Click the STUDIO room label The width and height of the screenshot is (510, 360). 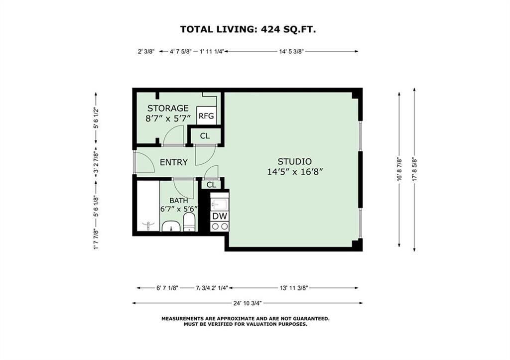tap(294, 161)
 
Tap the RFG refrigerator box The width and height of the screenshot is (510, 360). tap(206, 116)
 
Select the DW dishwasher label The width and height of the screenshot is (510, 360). tap(220, 216)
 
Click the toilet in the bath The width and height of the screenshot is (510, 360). tap(189, 222)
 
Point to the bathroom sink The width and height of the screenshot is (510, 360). tap(171, 226)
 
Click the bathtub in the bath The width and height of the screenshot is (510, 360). tap(148, 206)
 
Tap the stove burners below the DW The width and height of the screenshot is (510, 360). tap(220, 227)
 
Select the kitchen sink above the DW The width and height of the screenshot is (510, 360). tap(220, 204)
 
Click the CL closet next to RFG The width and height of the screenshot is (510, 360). tap(205, 136)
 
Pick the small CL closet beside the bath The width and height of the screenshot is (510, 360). tap(211, 185)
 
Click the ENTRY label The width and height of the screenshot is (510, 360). tap(174, 162)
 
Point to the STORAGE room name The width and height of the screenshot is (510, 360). tap(168, 108)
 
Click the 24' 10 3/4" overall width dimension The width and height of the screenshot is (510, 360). tap(248, 303)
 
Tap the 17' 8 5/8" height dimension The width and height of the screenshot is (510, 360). tap(414, 169)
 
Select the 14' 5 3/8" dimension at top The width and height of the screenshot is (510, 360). tap(291, 51)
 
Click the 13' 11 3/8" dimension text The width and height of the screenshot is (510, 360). tap(294, 288)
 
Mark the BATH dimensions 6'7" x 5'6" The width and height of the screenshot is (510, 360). tap(179, 209)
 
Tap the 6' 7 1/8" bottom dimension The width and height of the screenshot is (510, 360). tap(167, 288)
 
